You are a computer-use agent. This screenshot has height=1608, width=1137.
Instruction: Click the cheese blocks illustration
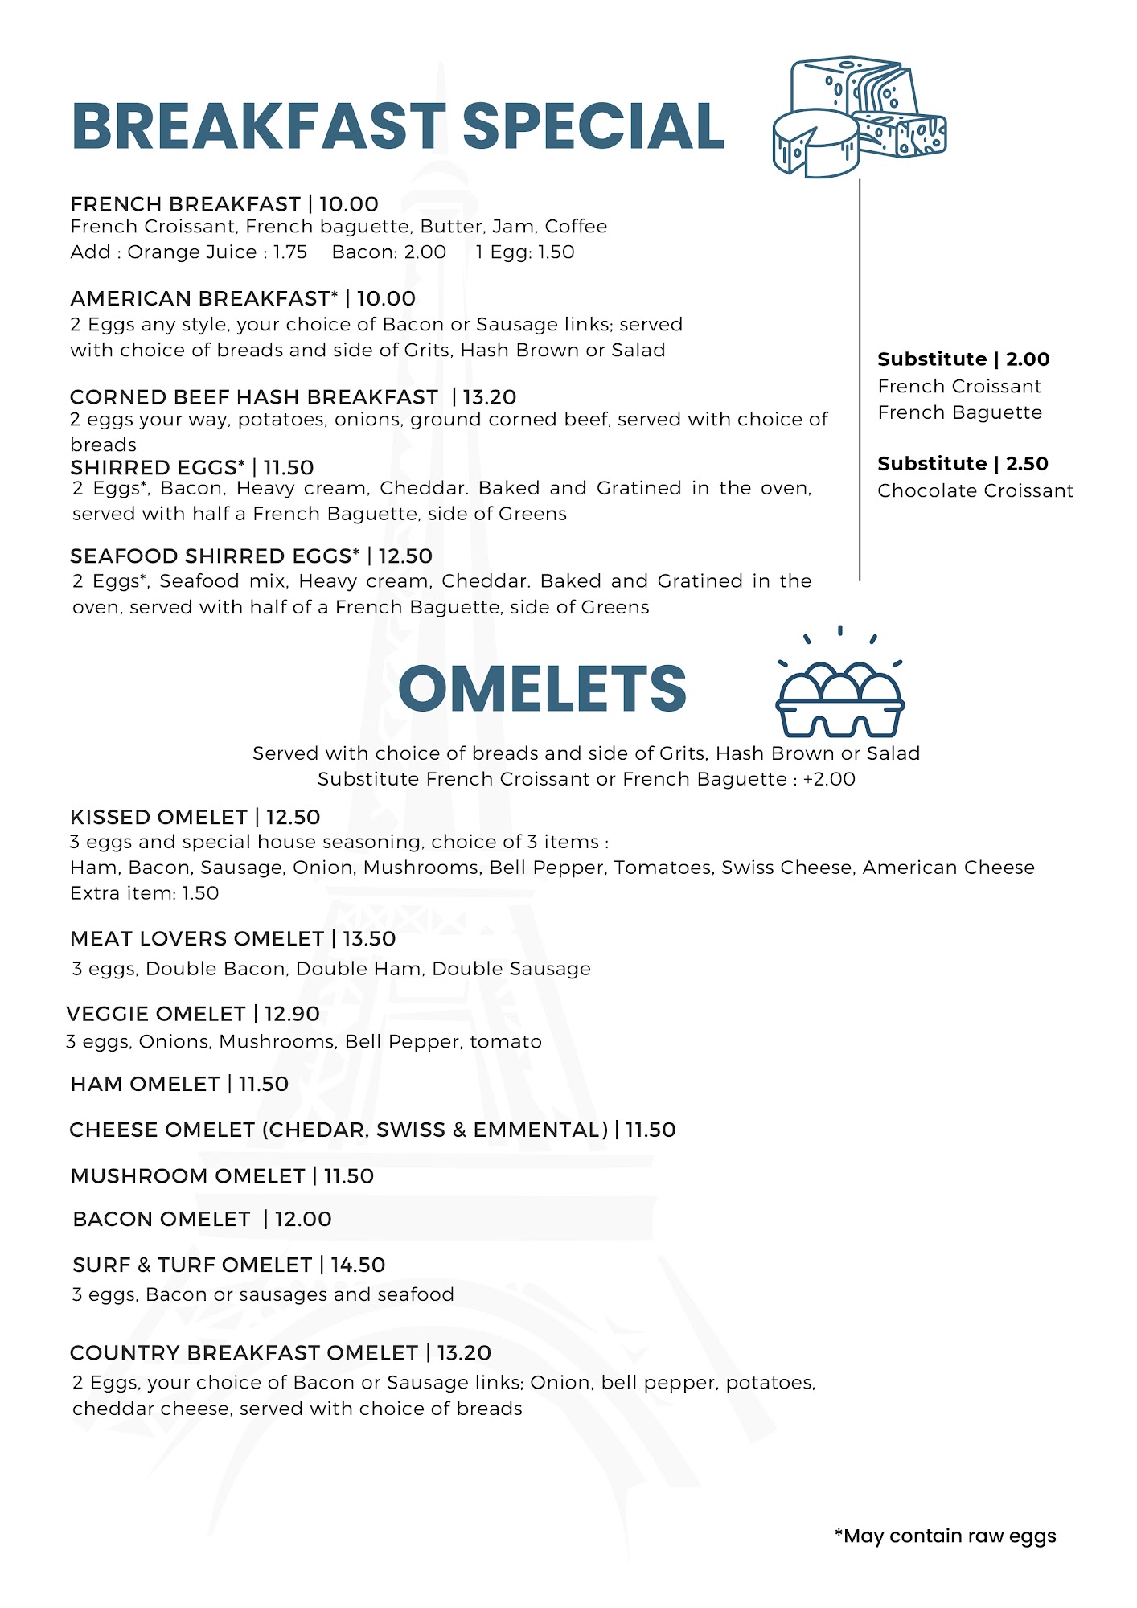(859, 117)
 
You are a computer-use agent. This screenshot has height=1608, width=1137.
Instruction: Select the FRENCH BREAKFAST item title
(185, 204)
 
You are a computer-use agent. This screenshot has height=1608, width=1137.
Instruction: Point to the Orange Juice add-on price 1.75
(289, 252)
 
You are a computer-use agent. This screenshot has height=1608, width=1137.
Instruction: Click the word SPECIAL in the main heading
(593, 127)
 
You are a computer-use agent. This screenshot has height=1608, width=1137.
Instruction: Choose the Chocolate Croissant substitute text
(975, 491)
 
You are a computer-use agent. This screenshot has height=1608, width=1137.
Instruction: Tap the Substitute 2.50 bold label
(963, 464)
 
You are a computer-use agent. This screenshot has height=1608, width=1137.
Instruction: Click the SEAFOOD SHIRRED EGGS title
(215, 556)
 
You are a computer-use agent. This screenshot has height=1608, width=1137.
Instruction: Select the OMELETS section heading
(542, 690)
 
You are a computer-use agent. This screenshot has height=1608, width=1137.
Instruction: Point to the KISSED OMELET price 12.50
(293, 818)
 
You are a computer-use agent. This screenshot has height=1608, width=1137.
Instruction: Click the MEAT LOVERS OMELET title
(197, 939)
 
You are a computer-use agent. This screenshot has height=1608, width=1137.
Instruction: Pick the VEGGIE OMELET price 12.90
(292, 1014)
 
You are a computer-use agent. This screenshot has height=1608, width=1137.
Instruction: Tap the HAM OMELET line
(179, 1085)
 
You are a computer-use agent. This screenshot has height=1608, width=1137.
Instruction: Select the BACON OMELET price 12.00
(303, 1220)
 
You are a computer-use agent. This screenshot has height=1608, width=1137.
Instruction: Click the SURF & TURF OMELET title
(192, 1265)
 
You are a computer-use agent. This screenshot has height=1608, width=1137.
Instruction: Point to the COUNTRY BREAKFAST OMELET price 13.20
(464, 1353)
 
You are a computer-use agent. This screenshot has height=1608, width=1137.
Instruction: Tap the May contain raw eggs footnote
(946, 1536)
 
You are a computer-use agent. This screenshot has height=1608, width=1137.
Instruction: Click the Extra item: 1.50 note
(145, 893)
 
